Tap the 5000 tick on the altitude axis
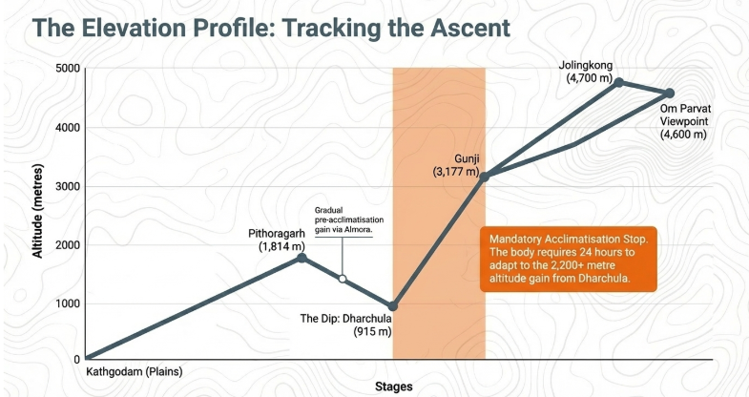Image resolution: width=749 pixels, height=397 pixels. [x=68, y=69]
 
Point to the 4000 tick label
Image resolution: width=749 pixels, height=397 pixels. [x=68, y=128]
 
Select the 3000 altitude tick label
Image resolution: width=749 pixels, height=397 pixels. [x=68, y=187]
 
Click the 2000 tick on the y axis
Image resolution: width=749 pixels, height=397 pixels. [x=68, y=246]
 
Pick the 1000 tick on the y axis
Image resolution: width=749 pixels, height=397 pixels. [x=68, y=304]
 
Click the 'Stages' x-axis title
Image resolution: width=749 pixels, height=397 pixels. [x=393, y=387]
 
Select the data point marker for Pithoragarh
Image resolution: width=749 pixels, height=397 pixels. [x=302, y=257]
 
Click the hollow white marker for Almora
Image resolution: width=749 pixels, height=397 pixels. [x=343, y=279]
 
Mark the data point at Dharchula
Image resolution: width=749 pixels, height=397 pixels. [x=393, y=306]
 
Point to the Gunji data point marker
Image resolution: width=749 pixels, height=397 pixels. [x=485, y=177]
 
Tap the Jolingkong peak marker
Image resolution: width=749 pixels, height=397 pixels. [x=619, y=83]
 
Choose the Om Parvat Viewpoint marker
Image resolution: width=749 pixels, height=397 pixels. [x=669, y=94]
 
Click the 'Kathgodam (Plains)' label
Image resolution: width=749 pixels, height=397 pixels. [x=134, y=371]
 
